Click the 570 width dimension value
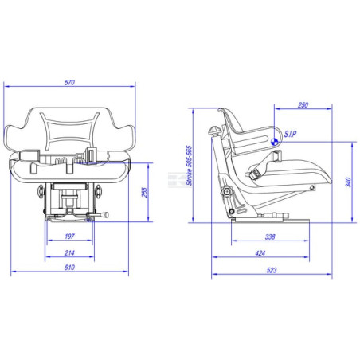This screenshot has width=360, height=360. (69, 82)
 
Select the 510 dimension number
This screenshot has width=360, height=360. (69, 268)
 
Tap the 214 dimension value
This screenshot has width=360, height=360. (69, 253)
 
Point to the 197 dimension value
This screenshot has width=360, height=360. (69, 237)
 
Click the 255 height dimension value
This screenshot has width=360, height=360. (144, 193)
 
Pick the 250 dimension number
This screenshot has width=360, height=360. (303, 105)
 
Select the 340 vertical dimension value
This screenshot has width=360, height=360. (348, 182)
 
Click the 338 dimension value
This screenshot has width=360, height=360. (270, 237)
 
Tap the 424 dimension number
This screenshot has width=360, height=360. (260, 253)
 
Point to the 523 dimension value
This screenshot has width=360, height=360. (272, 270)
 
